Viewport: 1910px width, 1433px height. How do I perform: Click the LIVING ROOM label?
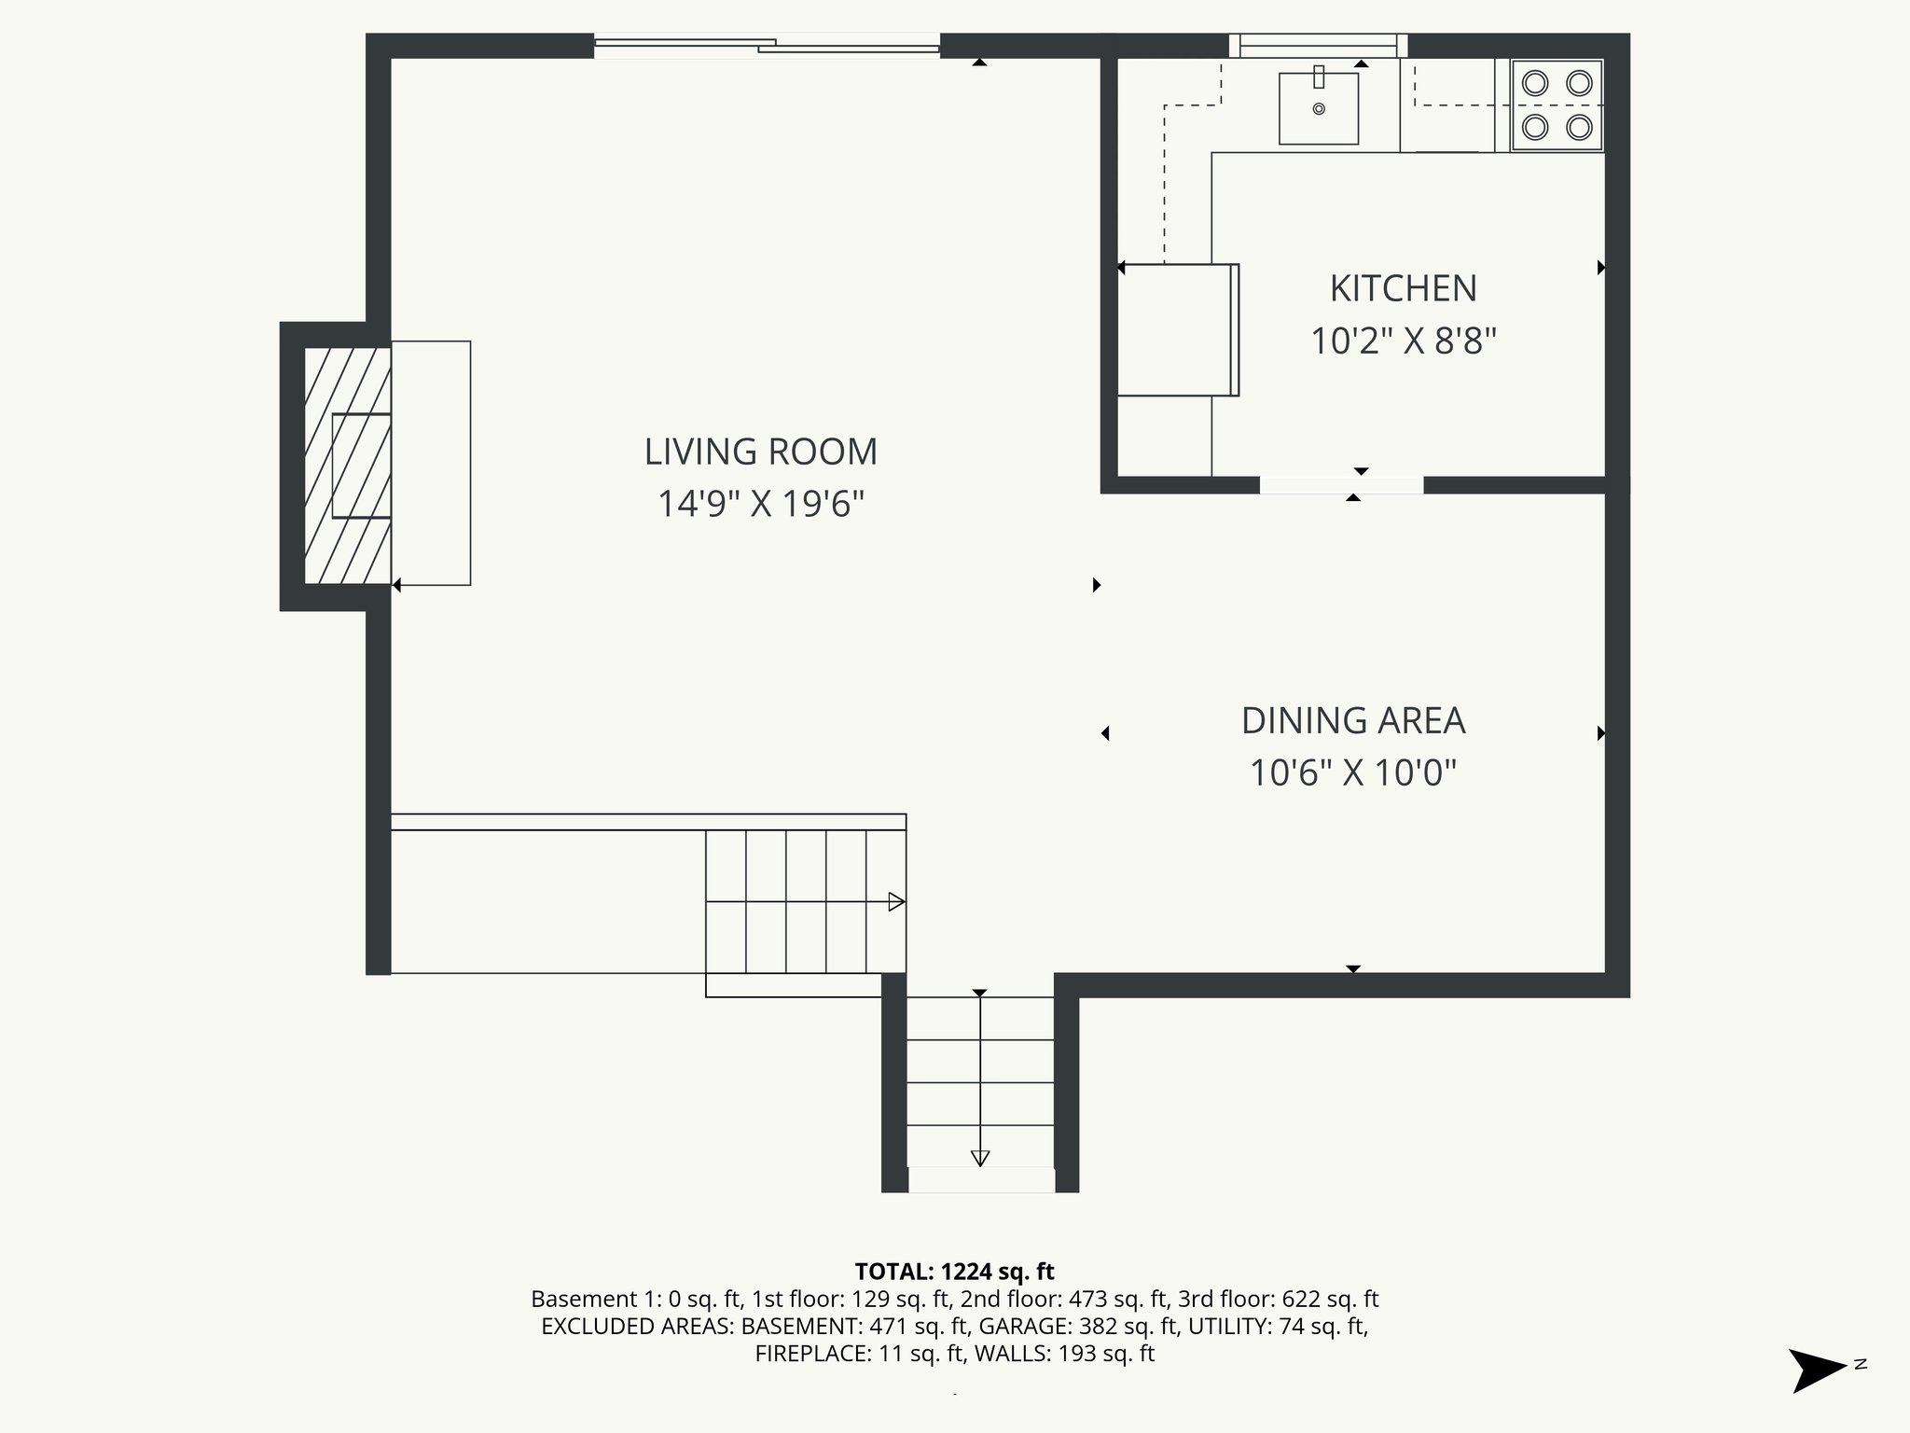(x=761, y=452)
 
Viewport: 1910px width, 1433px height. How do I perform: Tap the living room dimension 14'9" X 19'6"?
(x=761, y=505)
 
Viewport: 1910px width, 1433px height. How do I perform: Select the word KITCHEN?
(x=1403, y=289)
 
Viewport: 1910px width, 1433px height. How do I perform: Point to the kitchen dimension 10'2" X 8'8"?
(x=1403, y=341)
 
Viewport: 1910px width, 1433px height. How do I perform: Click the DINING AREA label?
(x=1353, y=721)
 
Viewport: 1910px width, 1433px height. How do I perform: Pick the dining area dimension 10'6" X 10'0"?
(x=1353, y=773)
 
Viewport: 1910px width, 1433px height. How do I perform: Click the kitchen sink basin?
(x=1318, y=108)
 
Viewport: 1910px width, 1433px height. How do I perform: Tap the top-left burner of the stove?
(x=1535, y=84)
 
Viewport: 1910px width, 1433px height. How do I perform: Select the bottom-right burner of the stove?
(x=1579, y=127)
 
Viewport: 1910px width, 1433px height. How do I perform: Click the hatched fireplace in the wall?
(x=347, y=466)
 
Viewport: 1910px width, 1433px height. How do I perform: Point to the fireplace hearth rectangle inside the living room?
(x=431, y=463)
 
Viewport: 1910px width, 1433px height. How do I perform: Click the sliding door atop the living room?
(x=767, y=45)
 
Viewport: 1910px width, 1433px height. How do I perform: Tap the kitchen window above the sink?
(x=1318, y=44)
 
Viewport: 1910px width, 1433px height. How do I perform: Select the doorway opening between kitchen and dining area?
(x=1341, y=485)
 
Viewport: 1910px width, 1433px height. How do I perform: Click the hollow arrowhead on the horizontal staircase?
(x=896, y=902)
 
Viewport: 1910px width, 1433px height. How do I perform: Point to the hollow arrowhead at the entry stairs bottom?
(x=979, y=1158)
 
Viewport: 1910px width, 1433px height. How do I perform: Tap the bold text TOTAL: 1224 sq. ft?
(x=954, y=1272)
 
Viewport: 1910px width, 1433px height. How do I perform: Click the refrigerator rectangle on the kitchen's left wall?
(x=1177, y=330)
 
